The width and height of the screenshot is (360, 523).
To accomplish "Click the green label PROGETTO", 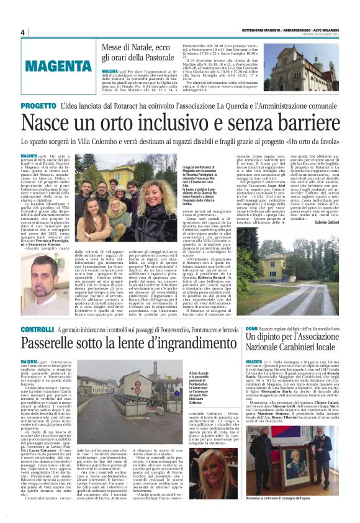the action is click(38, 106).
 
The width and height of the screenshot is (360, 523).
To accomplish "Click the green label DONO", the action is click(252, 327).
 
